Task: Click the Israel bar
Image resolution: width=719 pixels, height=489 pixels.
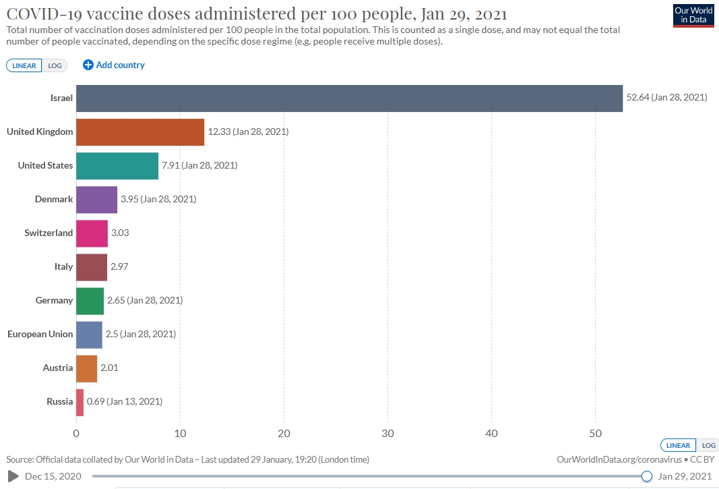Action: pos(349,98)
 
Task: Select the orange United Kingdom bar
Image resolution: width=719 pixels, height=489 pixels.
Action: pos(140,132)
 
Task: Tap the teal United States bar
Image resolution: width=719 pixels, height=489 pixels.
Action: pos(117,165)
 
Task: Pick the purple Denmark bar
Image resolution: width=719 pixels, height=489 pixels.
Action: pos(96,199)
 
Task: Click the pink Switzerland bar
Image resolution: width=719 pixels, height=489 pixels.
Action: pos(92,233)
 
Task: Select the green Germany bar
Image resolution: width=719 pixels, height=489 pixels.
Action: pos(90,300)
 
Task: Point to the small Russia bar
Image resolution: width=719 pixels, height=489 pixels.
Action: pos(80,401)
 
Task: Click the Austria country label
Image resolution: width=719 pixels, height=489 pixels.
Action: pos(57,368)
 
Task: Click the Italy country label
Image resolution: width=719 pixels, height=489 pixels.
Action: pos(63,266)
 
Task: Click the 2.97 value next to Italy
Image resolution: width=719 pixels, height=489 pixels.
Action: pos(119,266)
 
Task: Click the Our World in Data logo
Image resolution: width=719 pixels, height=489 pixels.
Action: pos(693,15)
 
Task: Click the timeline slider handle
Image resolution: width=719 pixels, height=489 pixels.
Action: pos(647,476)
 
